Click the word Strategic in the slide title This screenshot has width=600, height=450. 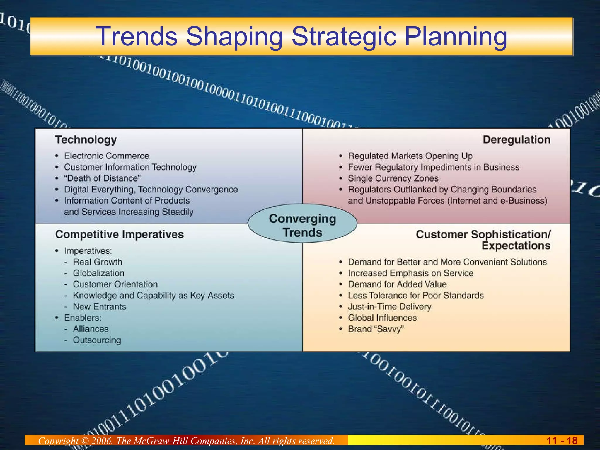tap(344, 36)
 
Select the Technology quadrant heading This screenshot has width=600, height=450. tap(86, 140)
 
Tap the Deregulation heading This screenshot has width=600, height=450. tap(516, 139)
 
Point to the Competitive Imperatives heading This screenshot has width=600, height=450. tap(119, 234)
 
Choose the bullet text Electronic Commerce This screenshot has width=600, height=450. tap(106, 156)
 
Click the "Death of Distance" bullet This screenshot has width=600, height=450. tap(102, 178)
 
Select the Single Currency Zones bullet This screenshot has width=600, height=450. tap(393, 178)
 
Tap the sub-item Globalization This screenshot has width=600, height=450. tap(98, 273)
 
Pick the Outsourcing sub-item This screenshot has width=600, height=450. tap(97, 340)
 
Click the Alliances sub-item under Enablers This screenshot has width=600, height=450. tap(91, 329)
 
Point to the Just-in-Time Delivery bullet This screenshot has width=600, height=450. tap(389, 307)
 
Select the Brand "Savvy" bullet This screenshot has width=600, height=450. tap(376, 329)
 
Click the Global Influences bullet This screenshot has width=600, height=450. tap(382, 318)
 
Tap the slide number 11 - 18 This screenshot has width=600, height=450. tap(562, 441)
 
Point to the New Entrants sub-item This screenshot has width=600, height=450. tap(99, 307)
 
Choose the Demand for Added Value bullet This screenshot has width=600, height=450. tap(397, 284)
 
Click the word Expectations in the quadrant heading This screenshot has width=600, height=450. tap(516, 246)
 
